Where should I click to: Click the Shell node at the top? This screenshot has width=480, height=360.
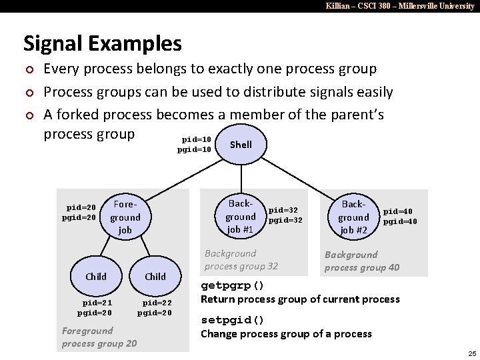(241, 145)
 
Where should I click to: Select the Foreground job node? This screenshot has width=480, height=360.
(125, 217)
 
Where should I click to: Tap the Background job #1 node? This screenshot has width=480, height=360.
(240, 216)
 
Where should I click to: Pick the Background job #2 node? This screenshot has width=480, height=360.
(353, 217)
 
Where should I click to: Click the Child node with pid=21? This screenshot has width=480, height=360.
(96, 276)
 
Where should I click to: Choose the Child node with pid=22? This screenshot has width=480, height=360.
(155, 276)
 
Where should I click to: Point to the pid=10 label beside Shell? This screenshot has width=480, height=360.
(197, 139)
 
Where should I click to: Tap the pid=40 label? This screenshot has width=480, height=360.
(399, 211)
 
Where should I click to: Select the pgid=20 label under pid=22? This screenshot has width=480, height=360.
(155, 312)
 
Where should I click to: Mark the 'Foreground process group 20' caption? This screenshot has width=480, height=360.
(99, 337)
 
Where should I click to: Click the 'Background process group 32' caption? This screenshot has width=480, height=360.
(241, 259)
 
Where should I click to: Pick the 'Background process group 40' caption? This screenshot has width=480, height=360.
(362, 261)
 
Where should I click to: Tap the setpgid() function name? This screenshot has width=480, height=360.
(233, 319)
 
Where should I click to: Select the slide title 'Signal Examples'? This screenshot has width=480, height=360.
(102, 43)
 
